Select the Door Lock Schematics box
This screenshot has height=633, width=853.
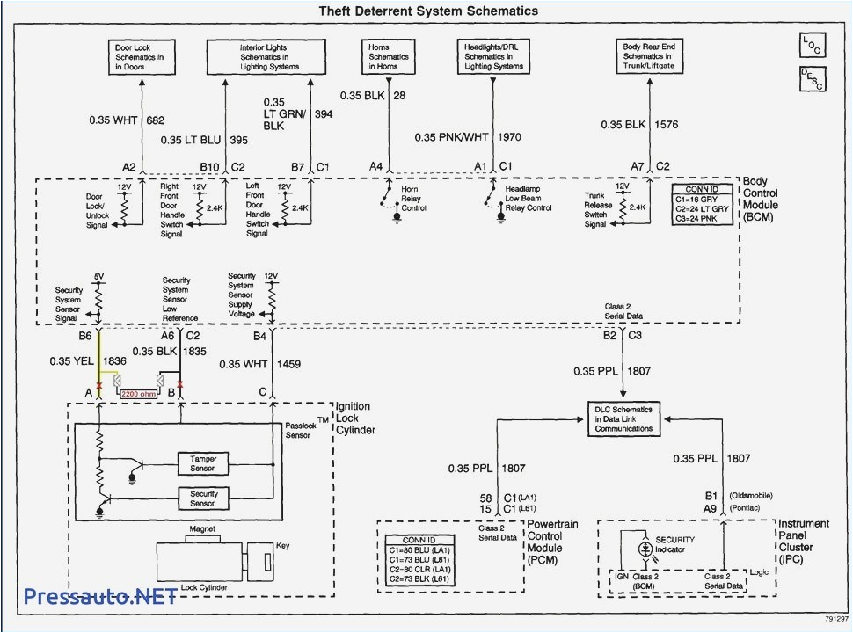click(140, 56)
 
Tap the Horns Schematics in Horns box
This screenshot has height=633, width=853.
click(388, 55)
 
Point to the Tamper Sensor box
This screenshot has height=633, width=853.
click(203, 462)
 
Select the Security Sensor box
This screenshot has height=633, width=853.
click(203, 498)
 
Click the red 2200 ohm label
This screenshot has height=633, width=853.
click(139, 394)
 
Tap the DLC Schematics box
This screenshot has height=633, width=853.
click(623, 418)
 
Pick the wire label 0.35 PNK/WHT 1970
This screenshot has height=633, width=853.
click(468, 137)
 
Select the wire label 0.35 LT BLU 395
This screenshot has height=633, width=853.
click(204, 140)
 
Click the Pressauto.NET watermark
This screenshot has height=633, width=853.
click(99, 597)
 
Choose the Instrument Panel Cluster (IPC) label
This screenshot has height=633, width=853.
click(802, 541)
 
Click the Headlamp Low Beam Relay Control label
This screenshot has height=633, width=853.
click(528, 198)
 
